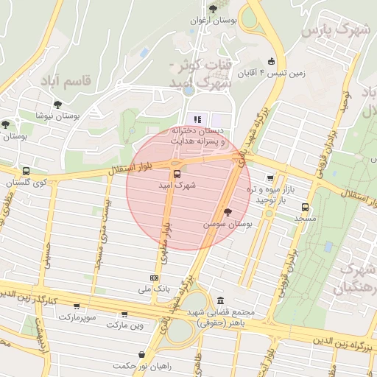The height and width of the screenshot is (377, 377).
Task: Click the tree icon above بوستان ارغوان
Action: pyautogui.click(x=213, y=9)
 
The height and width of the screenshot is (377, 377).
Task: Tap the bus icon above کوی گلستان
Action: pyautogui.click(x=27, y=170)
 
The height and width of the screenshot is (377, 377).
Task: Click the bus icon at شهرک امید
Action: pyautogui.click(x=176, y=175)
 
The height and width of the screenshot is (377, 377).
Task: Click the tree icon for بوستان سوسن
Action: pyautogui.click(x=226, y=211)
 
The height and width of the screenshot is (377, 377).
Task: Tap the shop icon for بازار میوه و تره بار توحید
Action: pyautogui.click(x=270, y=177)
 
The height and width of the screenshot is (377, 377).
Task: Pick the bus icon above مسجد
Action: pyautogui.click(x=306, y=207)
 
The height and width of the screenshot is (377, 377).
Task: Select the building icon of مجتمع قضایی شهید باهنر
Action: pyautogui.click(x=221, y=300)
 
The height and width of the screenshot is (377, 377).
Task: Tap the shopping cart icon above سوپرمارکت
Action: pyautogui.click(x=76, y=306)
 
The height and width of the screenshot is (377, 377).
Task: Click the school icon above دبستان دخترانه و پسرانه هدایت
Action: pyautogui.click(x=197, y=119)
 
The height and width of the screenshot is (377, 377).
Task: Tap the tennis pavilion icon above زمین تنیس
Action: pyautogui.click(x=272, y=61)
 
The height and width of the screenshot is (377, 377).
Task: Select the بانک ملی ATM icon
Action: pyautogui.click(x=154, y=278)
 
